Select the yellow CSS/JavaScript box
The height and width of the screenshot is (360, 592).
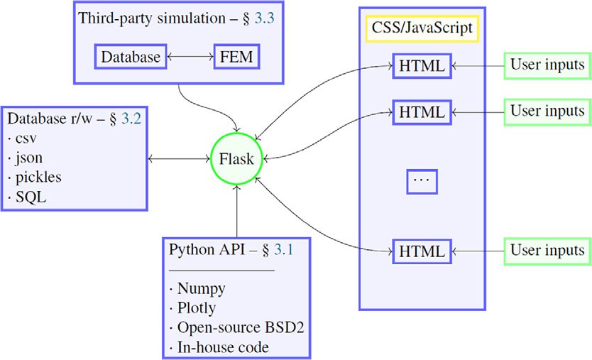(422, 28)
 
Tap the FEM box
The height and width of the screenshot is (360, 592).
(236, 57)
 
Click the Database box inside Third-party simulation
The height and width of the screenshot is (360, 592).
(131, 57)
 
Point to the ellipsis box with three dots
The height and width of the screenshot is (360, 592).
(422, 182)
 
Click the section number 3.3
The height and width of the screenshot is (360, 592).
(264, 18)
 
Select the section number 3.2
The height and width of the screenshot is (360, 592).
(131, 119)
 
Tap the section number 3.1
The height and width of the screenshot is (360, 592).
(283, 249)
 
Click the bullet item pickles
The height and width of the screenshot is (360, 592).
(38, 178)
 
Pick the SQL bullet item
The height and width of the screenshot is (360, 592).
(31, 197)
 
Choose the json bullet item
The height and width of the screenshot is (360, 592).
(29, 158)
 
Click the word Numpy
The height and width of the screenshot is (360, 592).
(201, 288)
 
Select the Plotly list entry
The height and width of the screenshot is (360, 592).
(197, 308)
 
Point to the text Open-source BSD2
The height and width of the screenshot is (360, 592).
(241, 327)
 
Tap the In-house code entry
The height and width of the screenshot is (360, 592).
(223, 347)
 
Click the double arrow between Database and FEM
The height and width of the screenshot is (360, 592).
(190, 57)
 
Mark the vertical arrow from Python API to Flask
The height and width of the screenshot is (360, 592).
(236, 211)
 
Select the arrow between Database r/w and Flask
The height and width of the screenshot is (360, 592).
(179, 158)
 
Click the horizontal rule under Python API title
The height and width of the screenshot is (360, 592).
(221, 271)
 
